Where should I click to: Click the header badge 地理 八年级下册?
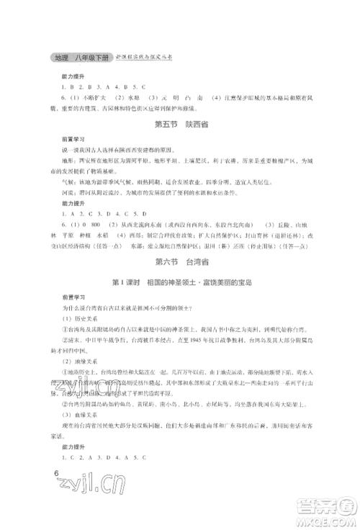pyautogui.click(x=76, y=56)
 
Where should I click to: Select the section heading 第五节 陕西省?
pyautogui.click(x=179, y=125)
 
